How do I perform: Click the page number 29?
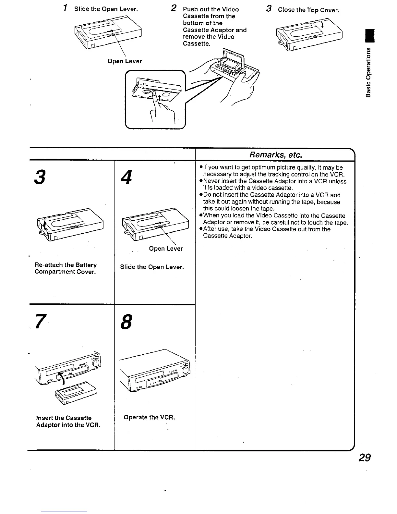click(364, 458)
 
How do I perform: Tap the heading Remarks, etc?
click(276, 155)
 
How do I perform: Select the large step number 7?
click(40, 322)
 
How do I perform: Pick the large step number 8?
click(126, 322)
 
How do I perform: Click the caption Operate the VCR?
click(149, 417)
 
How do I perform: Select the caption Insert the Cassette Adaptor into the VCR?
click(68, 421)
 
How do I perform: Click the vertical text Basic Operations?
click(368, 72)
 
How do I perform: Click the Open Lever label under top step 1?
click(125, 61)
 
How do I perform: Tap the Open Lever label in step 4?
click(166, 249)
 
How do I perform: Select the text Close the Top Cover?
click(308, 10)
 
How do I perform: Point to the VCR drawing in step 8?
click(154, 370)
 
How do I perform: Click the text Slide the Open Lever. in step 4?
click(152, 267)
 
